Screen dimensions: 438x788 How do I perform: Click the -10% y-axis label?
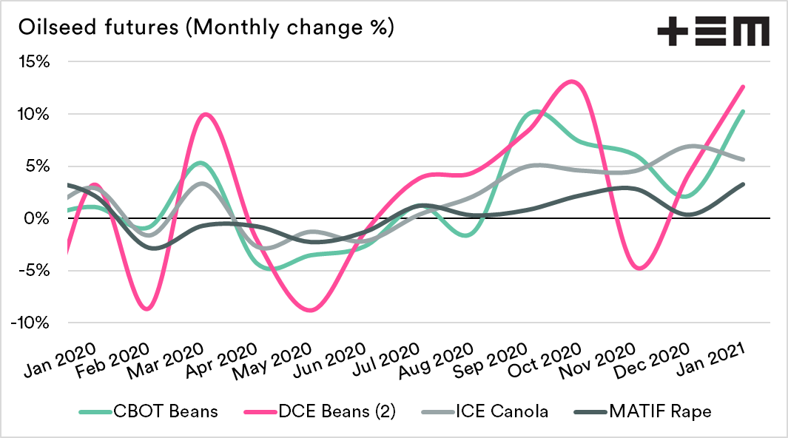(x=31, y=323)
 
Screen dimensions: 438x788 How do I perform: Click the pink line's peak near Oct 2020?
(x=570, y=81)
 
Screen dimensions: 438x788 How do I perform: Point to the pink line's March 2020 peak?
(x=205, y=114)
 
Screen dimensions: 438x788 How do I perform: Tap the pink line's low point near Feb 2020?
(x=147, y=309)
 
